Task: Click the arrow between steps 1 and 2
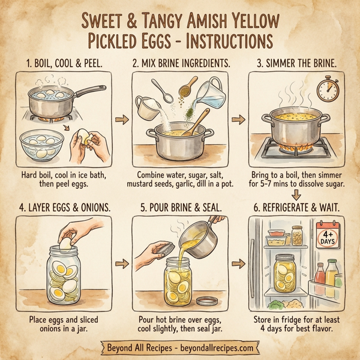coord(122,121)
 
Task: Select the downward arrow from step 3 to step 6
coord(297,193)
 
